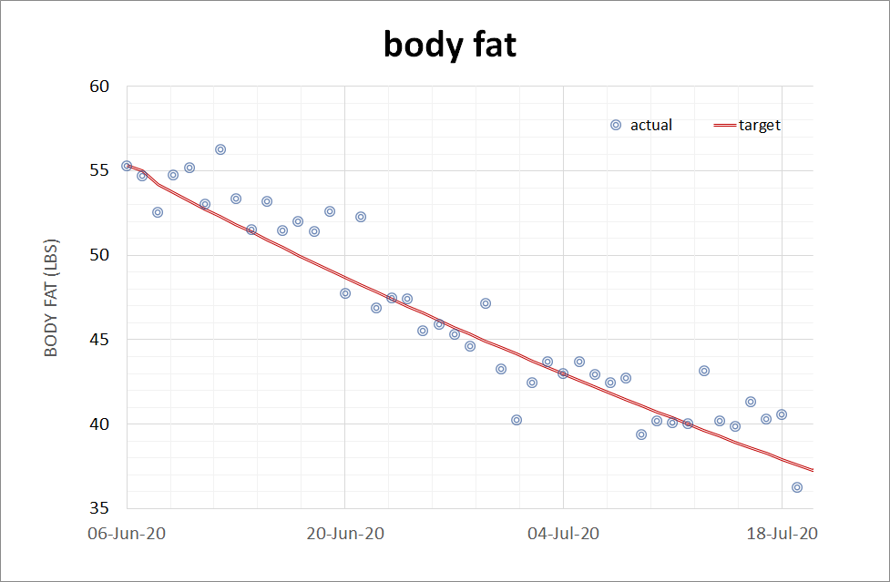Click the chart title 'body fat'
click(450, 45)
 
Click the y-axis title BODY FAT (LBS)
click(51, 298)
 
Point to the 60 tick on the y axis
click(99, 87)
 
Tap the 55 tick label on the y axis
click(99, 171)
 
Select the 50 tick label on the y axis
click(99, 255)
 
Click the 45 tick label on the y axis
click(99, 340)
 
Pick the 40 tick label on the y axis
click(99, 424)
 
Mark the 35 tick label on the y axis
click(99, 508)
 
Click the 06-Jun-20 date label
click(127, 534)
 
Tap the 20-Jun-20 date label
click(345, 534)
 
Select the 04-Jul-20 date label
click(564, 534)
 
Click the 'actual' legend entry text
click(651, 126)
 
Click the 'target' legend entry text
click(759, 126)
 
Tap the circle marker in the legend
click(616, 126)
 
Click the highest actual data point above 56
click(220, 149)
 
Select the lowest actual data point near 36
click(797, 487)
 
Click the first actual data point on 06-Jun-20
click(127, 167)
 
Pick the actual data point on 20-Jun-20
click(345, 293)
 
